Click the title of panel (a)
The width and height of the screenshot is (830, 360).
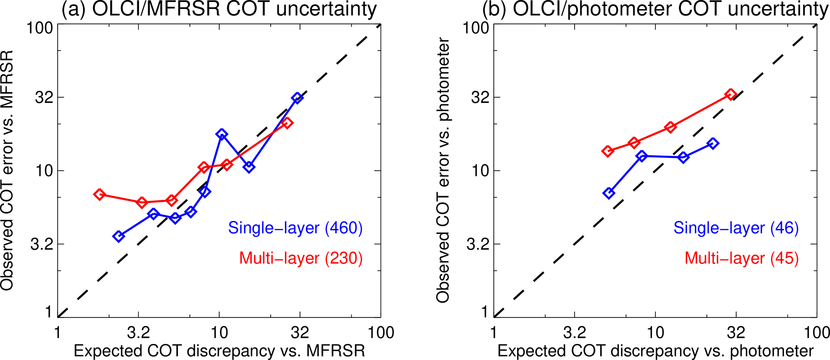[219, 10]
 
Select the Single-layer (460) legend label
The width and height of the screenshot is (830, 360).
[295, 228]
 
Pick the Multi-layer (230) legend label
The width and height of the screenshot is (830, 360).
[301, 258]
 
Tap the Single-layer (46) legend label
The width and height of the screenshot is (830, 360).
[736, 228]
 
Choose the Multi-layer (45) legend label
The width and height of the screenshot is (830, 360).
[742, 258]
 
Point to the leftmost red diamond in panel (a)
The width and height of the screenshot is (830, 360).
[99, 194]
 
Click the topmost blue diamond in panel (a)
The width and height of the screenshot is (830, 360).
[297, 98]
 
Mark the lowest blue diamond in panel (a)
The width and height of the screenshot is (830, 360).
[118, 236]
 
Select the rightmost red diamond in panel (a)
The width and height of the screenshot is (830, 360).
[287, 123]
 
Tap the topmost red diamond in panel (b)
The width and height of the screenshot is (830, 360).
[731, 95]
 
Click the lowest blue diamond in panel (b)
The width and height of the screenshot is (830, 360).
[609, 193]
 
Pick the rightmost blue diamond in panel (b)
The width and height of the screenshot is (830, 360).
[713, 143]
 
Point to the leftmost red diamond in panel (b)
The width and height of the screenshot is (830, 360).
[608, 151]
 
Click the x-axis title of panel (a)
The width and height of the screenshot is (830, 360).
[219, 350]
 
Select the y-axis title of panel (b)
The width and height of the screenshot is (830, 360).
[443, 170]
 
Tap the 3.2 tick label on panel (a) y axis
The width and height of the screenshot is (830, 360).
[41, 244]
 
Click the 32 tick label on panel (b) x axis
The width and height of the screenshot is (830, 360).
[736, 333]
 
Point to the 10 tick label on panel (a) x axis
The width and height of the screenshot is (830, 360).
[219, 333]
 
